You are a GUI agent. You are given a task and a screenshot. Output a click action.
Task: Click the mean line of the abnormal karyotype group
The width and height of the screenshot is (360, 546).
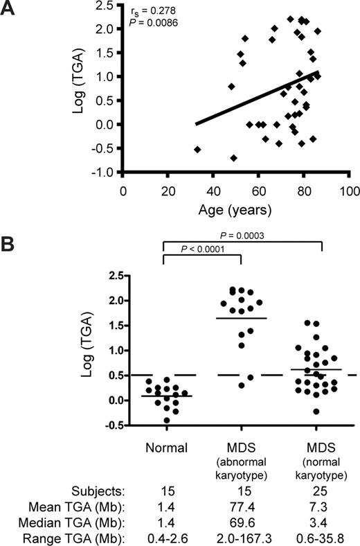tap(241, 318)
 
